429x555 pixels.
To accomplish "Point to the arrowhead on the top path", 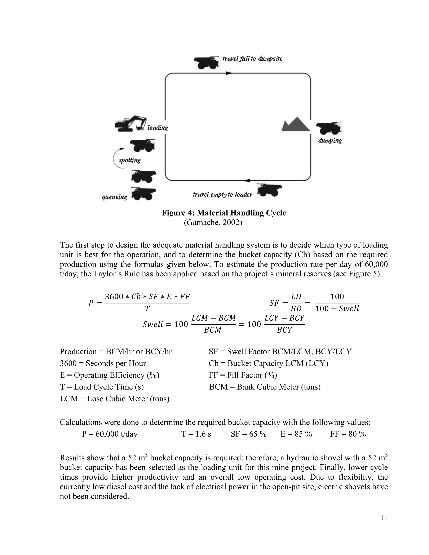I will pyautogui.click(x=229, y=73).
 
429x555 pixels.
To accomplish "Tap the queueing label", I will pyautogui.click(x=114, y=197).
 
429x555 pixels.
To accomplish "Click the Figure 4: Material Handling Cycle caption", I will pyautogui.click(x=224, y=213).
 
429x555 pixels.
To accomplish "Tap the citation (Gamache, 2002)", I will pyautogui.click(x=213, y=223).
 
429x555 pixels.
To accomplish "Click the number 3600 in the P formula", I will pyautogui.click(x=114, y=297).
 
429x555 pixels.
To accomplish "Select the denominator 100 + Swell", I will pyautogui.click(x=337, y=309).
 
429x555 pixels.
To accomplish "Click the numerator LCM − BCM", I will pyautogui.click(x=213, y=318).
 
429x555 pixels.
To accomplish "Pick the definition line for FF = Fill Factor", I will pyautogui.click(x=243, y=375).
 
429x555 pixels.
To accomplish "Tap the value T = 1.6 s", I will pyautogui.click(x=196, y=434).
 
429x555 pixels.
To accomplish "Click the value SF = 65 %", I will pyautogui.click(x=249, y=434).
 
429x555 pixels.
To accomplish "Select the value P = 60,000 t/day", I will pyautogui.click(x=110, y=434).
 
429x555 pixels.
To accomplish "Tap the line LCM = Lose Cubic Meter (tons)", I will pyautogui.click(x=115, y=399).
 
